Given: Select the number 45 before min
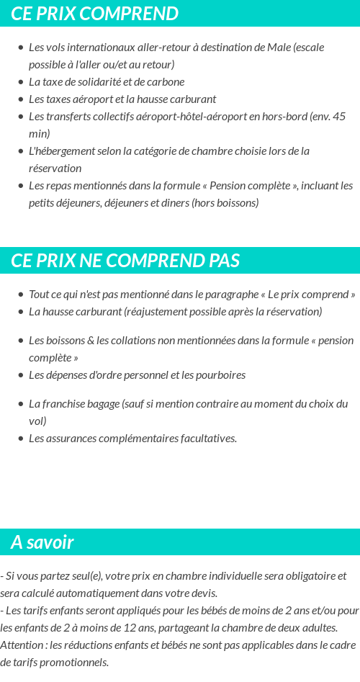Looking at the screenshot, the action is [x=338, y=117].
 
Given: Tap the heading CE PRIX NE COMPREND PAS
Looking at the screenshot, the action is [x=125, y=261].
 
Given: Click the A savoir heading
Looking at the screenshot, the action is [x=42, y=542].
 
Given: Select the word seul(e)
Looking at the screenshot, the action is [x=86, y=576].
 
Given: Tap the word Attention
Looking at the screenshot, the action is [x=22, y=645].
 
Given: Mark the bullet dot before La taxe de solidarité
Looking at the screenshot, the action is [x=20, y=82].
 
